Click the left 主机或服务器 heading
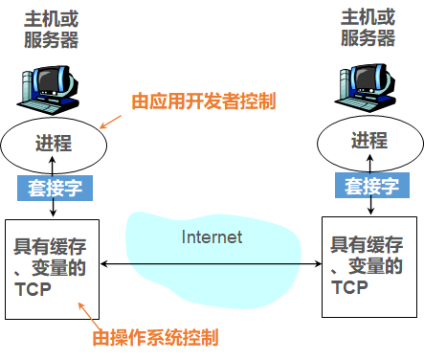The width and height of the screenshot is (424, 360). pos(52,28)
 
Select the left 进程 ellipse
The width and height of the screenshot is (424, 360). pos(54,144)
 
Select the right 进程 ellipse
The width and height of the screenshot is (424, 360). pos(369,143)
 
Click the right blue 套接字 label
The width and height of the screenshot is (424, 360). pos(370,187)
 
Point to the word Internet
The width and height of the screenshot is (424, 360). pos(212,236)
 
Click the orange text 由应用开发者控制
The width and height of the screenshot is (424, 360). pos(203,101)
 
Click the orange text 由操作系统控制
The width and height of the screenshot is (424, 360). pos(155,337)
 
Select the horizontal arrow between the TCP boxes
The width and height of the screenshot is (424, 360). pos(211,263)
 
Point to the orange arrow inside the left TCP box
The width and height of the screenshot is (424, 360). pos(85,308)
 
